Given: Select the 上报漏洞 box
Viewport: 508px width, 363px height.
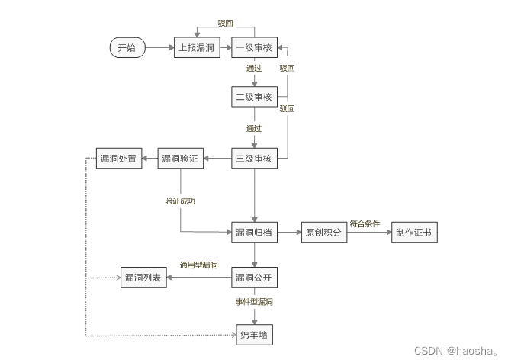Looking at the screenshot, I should click(x=197, y=48).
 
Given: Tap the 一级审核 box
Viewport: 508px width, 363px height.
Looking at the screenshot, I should click(x=254, y=48).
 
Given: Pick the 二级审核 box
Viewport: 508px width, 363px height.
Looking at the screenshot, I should click(x=254, y=97).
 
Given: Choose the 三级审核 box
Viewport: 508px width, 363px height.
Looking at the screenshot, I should click(x=254, y=159).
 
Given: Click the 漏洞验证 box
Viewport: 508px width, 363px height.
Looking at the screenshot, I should click(x=180, y=159).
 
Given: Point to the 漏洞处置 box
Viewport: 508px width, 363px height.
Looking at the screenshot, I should click(x=118, y=159).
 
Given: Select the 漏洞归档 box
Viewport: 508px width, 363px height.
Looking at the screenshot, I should click(x=254, y=233).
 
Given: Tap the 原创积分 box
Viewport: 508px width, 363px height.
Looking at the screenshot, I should click(x=324, y=233).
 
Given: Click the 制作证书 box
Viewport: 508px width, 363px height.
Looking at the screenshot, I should click(x=415, y=233).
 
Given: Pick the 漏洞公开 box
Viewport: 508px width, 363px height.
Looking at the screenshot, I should click(x=254, y=278).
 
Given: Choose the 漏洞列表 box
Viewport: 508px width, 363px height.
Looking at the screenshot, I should click(x=143, y=278).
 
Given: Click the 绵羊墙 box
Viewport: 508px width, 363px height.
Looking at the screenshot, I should click(x=254, y=335).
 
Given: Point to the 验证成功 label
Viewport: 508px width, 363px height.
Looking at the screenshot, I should click(x=180, y=201).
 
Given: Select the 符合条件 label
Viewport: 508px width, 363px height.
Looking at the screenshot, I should click(x=365, y=224).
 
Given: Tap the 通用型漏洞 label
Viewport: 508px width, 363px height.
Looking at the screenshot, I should click(x=198, y=265).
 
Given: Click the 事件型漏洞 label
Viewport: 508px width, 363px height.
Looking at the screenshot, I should click(x=254, y=303).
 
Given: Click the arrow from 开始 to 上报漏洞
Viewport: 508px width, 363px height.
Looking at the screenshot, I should click(x=159, y=48).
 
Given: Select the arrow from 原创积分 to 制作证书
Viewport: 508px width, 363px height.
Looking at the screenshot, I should click(x=369, y=233).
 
